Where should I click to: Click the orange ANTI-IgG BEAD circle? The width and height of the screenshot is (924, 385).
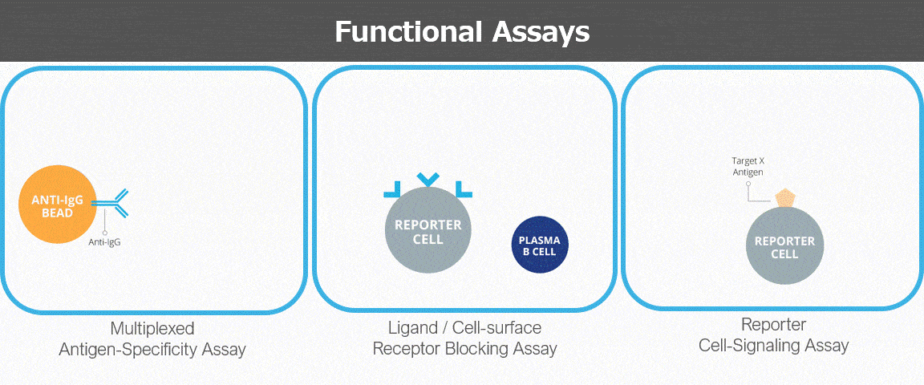coord(57,205)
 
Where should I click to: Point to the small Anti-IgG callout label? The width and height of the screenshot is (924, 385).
coord(104,241)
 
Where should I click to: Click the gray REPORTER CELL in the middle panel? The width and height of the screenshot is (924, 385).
coord(428,232)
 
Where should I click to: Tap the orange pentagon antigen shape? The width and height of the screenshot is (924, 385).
coord(785,199)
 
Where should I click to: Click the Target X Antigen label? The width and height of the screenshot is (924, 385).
coord(748,166)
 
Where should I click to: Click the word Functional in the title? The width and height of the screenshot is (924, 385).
coord(407,32)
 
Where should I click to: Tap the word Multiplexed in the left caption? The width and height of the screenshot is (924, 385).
coord(152,328)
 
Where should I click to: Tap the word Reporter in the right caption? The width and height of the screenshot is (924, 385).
coord(773,325)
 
